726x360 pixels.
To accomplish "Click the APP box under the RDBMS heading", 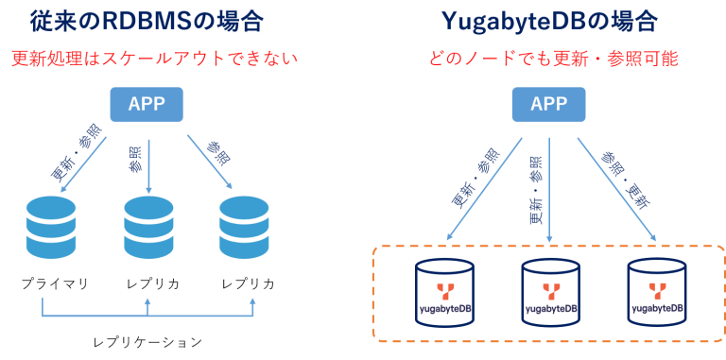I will [147, 104].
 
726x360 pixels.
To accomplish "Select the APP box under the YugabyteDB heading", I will [548, 104].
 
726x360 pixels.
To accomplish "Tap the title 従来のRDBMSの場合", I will [147, 21].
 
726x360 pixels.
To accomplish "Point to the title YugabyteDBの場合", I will [548, 21].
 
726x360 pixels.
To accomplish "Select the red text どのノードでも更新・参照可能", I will [553, 59].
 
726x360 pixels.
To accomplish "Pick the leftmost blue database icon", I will [51, 227].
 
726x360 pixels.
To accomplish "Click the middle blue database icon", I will [148, 227].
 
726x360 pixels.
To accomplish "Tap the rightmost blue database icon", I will [244, 227].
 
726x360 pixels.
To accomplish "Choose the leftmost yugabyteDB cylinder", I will [444, 293].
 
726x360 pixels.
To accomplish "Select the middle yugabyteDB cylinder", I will [550, 293].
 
